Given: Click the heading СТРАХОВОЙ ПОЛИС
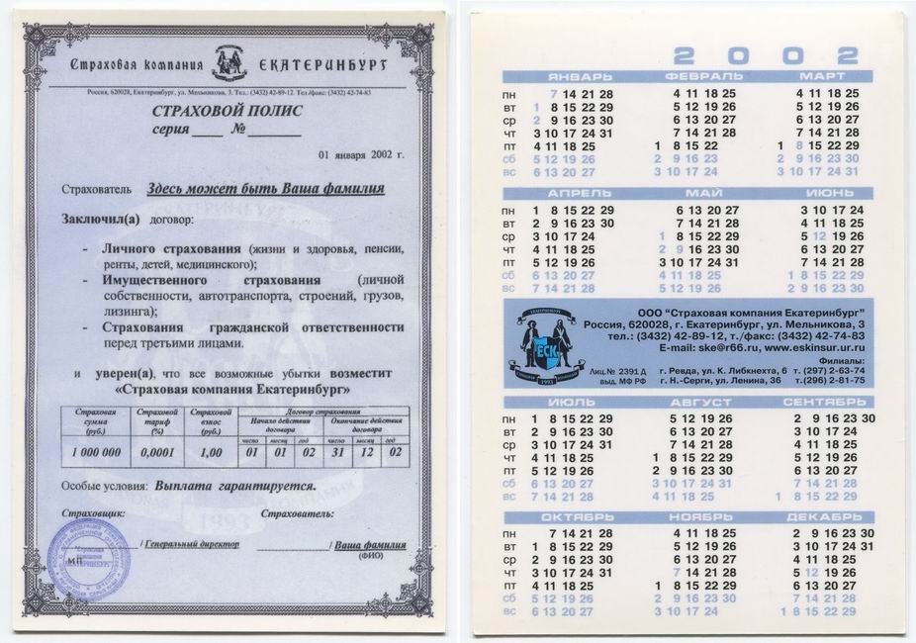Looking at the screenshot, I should point(228,111).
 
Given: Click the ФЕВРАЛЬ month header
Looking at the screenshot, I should point(704,76).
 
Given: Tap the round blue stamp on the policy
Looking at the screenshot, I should point(89,559).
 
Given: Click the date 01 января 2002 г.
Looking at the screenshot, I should point(361,155).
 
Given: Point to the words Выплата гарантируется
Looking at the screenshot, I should point(235,487).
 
